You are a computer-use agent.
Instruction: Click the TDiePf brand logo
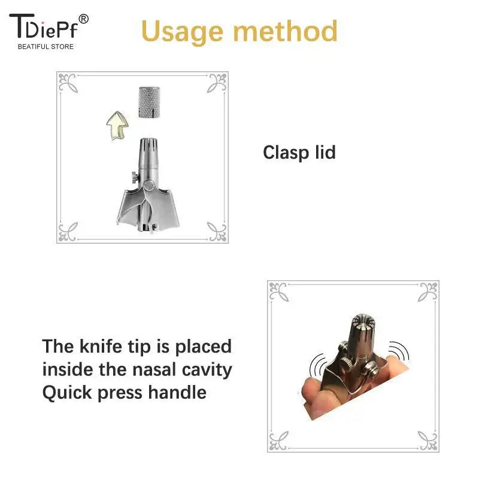click(x=46, y=27)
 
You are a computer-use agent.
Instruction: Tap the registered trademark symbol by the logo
click(x=83, y=19)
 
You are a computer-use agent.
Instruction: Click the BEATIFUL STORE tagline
click(x=46, y=47)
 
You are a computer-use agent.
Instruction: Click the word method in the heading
click(x=287, y=31)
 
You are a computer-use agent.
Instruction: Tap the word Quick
click(x=66, y=393)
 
